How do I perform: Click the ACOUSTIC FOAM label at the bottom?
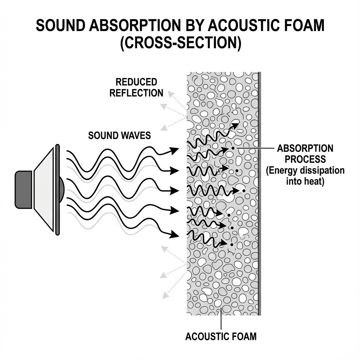[221, 336]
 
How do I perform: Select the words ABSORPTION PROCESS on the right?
[305, 153]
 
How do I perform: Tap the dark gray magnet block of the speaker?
[24, 189]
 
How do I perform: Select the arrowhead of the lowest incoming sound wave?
[174, 233]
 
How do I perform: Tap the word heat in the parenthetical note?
[315, 182]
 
